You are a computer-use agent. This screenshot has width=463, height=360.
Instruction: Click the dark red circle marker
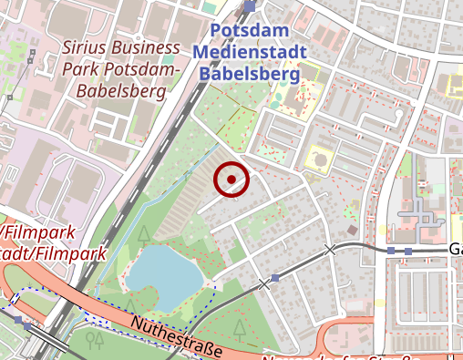coord(231,180)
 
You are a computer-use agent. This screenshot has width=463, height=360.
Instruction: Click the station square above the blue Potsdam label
coord(250,6)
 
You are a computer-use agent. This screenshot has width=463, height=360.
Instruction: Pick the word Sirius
coord(86,47)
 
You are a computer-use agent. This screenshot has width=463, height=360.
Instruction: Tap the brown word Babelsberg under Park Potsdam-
coord(122,90)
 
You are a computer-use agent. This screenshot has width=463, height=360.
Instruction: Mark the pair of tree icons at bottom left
coord(93,340)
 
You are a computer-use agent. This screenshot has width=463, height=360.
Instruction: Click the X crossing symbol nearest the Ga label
coord(330,249)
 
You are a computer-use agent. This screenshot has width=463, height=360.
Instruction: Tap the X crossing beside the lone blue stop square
coord(264,284)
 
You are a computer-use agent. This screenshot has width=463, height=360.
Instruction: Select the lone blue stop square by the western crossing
coord(275,278)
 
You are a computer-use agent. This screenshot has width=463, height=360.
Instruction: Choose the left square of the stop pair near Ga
coord(391,250)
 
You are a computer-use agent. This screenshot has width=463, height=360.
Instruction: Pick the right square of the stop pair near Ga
coord(407,250)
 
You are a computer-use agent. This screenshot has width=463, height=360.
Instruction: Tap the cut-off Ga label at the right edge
coord(455,249)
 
